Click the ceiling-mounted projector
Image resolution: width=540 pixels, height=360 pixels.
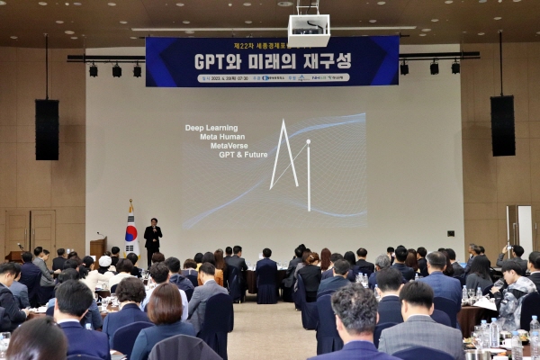pos(309,28)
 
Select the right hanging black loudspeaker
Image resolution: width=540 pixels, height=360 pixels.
pos(502,125)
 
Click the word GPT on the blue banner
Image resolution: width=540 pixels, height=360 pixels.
pos(213,61)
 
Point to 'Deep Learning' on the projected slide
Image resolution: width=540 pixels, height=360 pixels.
pos(212,128)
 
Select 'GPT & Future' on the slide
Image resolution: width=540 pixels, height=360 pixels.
pos(243,155)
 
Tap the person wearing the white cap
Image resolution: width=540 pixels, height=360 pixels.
pos(105,262)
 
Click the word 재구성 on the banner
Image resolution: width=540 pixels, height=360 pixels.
pos(319,61)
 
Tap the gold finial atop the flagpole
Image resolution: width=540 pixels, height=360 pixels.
pos(130,202)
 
